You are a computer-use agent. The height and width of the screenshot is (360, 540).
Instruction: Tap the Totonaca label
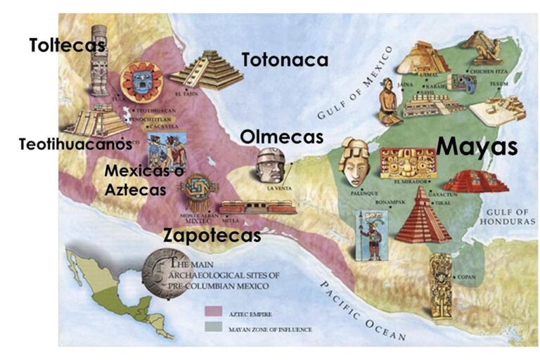285,60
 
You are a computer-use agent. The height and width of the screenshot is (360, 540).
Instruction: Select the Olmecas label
281,136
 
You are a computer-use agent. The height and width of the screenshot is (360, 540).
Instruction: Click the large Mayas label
477,146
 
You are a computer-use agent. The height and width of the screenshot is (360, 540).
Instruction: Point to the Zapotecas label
212,235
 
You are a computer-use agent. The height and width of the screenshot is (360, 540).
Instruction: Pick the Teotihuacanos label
75,145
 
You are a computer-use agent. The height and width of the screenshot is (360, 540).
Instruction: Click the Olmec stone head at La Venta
270,166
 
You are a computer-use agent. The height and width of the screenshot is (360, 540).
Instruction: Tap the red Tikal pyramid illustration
422,216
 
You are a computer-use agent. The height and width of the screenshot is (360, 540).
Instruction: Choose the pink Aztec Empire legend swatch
213,311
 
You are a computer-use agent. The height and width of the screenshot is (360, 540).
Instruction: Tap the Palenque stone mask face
355,161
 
